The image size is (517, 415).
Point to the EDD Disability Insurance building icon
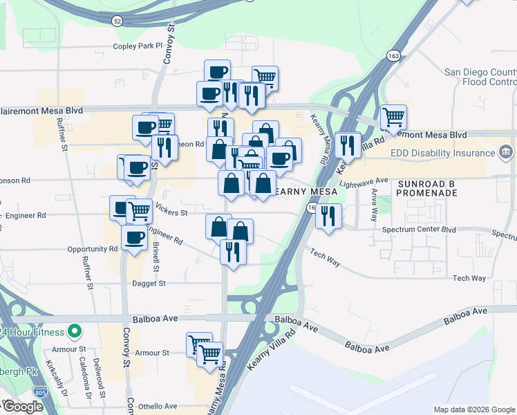click(505, 151)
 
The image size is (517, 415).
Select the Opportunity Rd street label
click(93, 249)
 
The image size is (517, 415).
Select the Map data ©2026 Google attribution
click(473, 409)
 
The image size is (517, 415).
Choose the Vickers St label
click(171, 212)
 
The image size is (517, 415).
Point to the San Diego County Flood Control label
click(480, 77)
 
